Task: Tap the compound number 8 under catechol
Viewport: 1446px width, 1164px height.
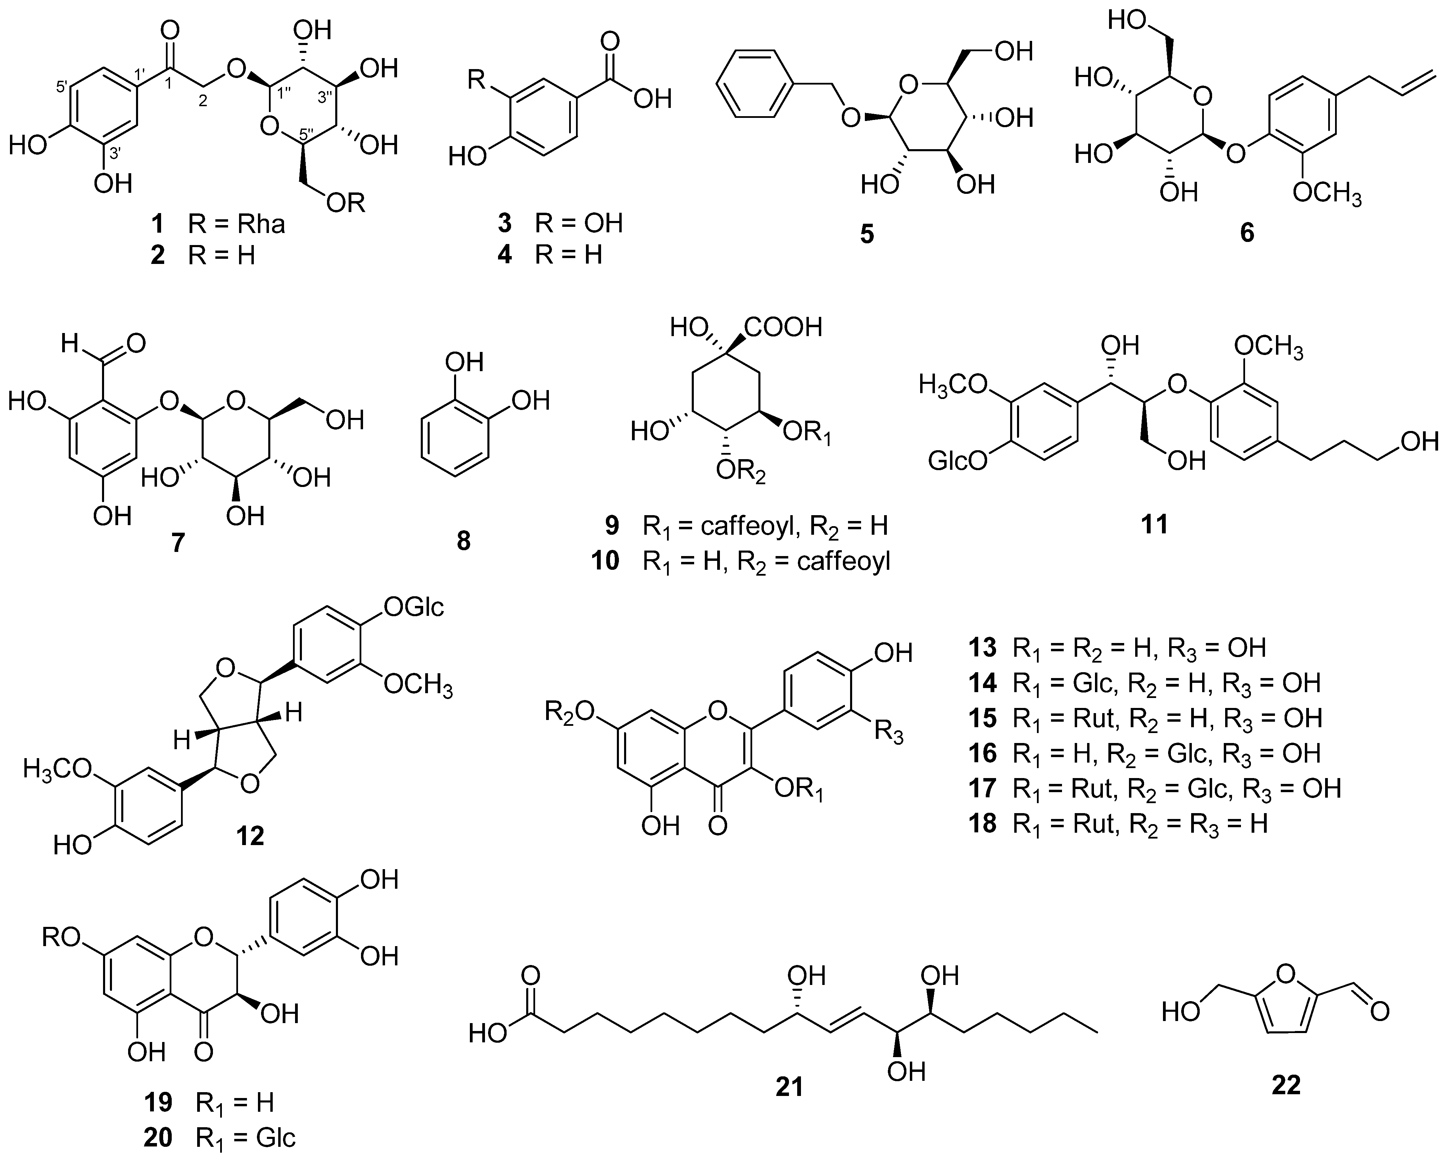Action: [463, 540]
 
